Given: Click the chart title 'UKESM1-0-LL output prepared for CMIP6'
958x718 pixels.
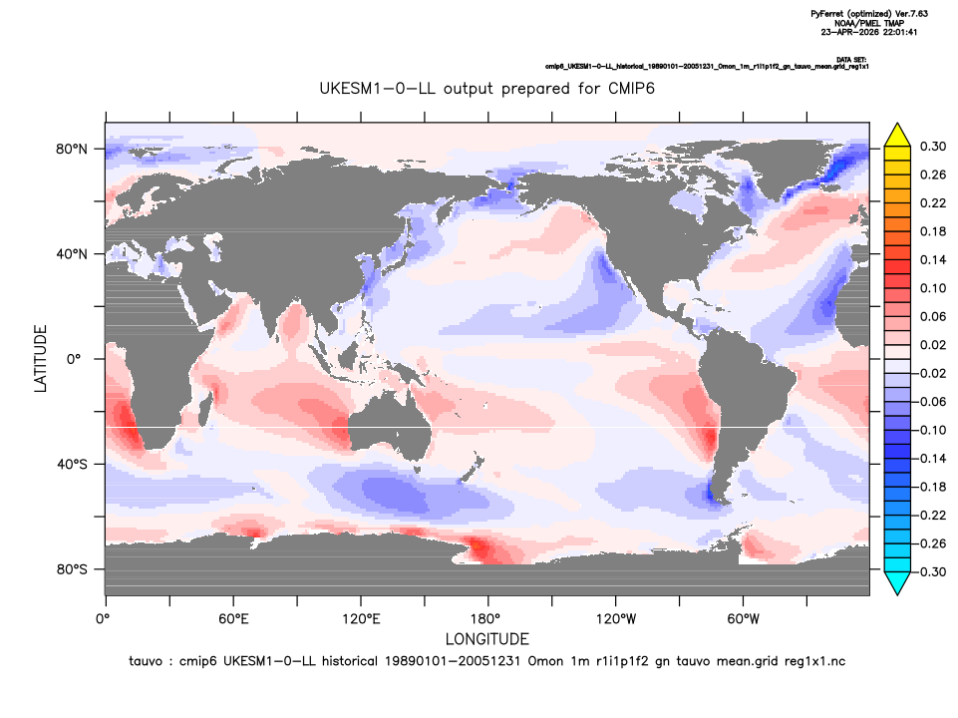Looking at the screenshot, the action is click(486, 89).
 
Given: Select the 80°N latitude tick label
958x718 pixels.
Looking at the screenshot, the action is click(72, 150).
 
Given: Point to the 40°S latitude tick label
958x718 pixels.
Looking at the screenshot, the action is click(72, 465).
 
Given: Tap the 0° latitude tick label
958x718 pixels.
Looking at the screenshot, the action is click(74, 359).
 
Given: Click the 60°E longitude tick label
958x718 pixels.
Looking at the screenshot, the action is click(233, 619).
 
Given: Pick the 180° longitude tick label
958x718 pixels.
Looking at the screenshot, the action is click(488, 619).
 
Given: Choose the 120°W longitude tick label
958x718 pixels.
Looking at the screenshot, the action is click(616, 619).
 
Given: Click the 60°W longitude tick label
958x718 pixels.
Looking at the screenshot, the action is click(744, 619).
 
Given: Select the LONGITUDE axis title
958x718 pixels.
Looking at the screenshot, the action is click(486, 639).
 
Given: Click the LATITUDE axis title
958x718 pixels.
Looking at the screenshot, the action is click(40, 359).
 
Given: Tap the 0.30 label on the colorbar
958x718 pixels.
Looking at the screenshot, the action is click(933, 147).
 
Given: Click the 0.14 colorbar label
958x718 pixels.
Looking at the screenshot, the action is click(933, 260).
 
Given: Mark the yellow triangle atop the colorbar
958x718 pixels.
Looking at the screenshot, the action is click(897, 135).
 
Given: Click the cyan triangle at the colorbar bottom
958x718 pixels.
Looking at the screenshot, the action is click(897, 583).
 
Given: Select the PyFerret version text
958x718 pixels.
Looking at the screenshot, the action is click(869, 13).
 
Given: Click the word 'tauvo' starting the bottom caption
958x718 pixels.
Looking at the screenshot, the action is click(146, 661).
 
